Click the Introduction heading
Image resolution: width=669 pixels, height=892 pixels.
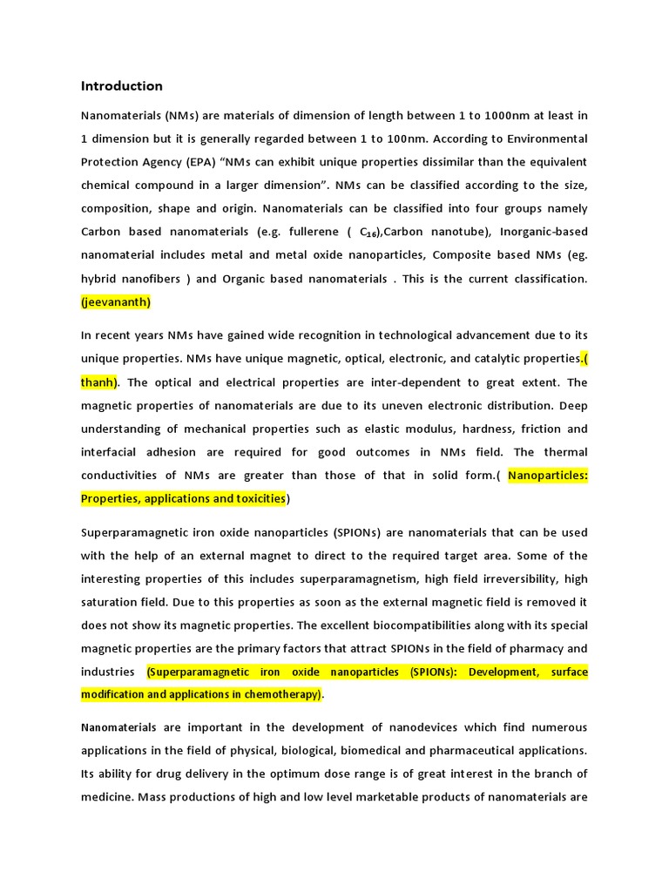click(121, 86)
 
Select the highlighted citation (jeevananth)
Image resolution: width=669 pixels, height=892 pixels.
click(116, 302)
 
